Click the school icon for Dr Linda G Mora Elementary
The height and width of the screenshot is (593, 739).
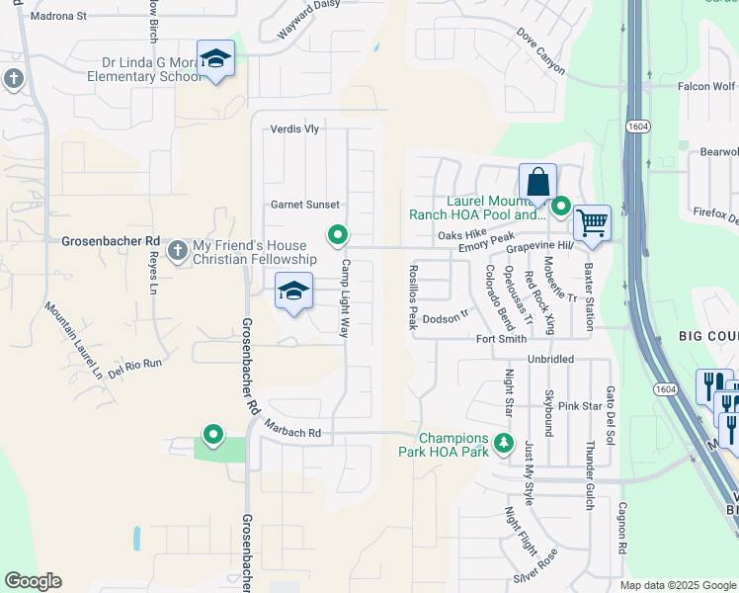click(215, 61)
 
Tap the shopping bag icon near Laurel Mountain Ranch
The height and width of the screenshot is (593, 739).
click(537, 184)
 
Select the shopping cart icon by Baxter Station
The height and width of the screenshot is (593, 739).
click(592, 223)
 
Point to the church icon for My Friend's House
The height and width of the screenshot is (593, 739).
click(178, 251)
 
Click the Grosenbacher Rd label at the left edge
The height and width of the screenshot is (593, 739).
click(111, 240)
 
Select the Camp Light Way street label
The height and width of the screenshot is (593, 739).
click(346, 299)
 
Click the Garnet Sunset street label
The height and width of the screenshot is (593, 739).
click(305, 205)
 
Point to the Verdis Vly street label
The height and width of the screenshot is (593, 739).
click(295, 129)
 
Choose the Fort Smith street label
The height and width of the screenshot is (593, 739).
click(501, 339)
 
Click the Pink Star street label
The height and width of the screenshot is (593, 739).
click(580, 406)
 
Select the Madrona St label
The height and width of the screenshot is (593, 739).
click(59, 17)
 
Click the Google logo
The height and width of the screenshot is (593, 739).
click(33, 581)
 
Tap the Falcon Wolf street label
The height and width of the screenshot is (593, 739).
click(707, 86)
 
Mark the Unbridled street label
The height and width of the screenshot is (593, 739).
click(550, 360)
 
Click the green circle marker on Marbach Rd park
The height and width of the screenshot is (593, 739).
click(212, 434)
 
